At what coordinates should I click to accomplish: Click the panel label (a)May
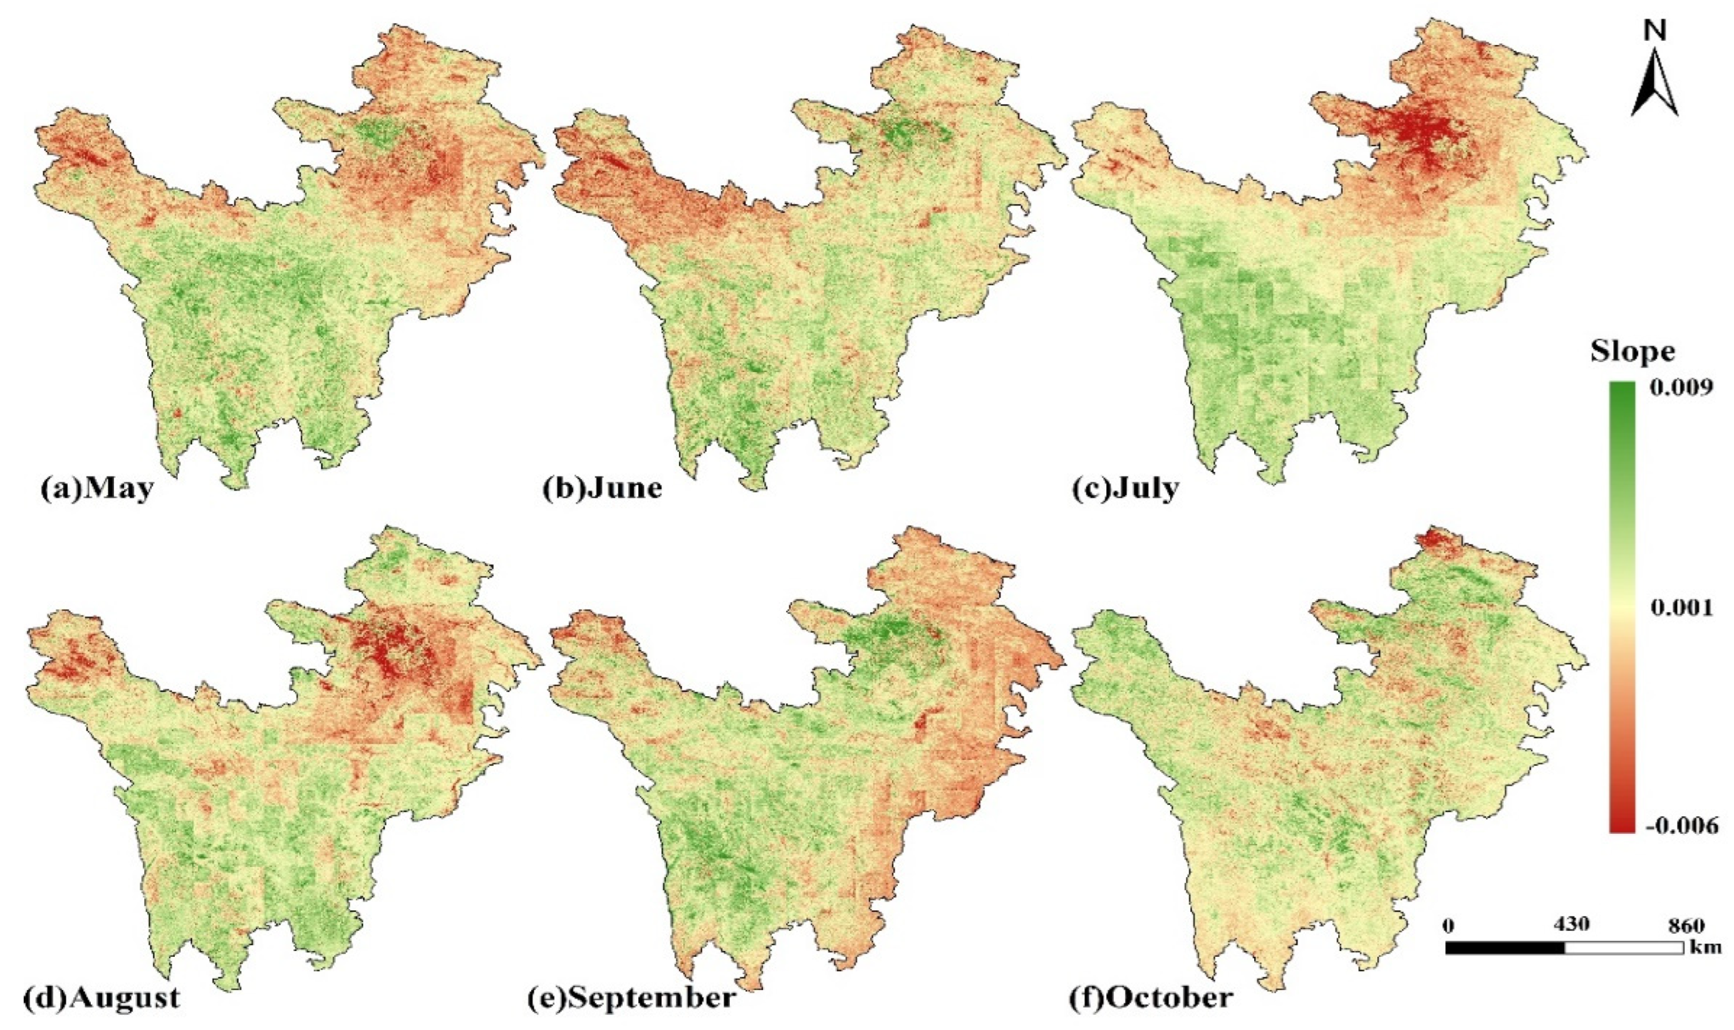click(x=96, y=489)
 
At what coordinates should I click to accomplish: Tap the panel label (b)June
click(x=601, y=489)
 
